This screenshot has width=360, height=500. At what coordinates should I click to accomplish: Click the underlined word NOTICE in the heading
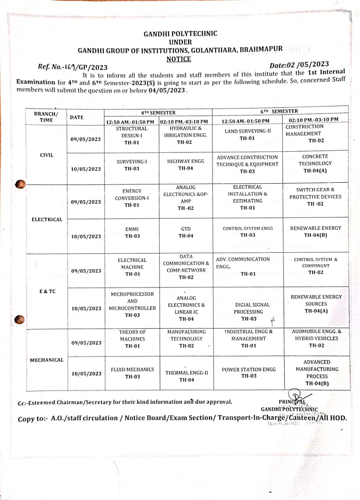point(179,59)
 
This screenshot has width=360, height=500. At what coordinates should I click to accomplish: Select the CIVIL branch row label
point(47,155)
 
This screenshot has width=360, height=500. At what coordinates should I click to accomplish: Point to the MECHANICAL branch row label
point(47,360)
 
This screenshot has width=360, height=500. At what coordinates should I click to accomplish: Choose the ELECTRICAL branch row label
point(47,220)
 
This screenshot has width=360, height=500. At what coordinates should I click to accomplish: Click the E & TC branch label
point(48,291)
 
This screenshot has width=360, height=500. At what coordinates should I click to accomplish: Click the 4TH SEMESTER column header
point(158,112)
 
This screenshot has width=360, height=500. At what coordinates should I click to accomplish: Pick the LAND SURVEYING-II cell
point(247,134)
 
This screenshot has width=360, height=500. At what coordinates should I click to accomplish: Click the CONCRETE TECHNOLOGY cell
point(315,163)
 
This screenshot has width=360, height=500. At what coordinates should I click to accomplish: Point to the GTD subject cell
point(186,232)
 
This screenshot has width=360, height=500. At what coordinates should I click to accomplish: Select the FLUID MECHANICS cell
point(132,373)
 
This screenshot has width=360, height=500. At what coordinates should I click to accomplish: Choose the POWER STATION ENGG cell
point(249,372)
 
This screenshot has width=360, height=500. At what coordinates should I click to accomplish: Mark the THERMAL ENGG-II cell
point(186,376)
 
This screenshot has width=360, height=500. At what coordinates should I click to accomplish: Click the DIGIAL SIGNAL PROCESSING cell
point(249,311)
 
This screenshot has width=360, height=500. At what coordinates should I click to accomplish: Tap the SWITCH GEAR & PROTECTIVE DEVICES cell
point(315,196)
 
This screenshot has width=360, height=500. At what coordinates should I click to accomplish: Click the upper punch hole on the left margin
point(20,184)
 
